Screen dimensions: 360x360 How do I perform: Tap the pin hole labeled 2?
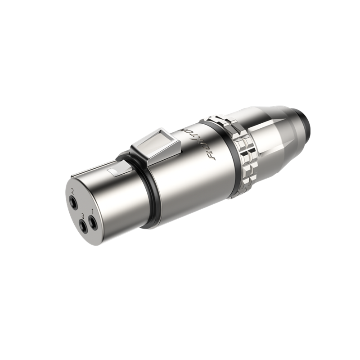click(73, 202)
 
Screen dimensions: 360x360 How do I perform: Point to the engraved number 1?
click(92, 211)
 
